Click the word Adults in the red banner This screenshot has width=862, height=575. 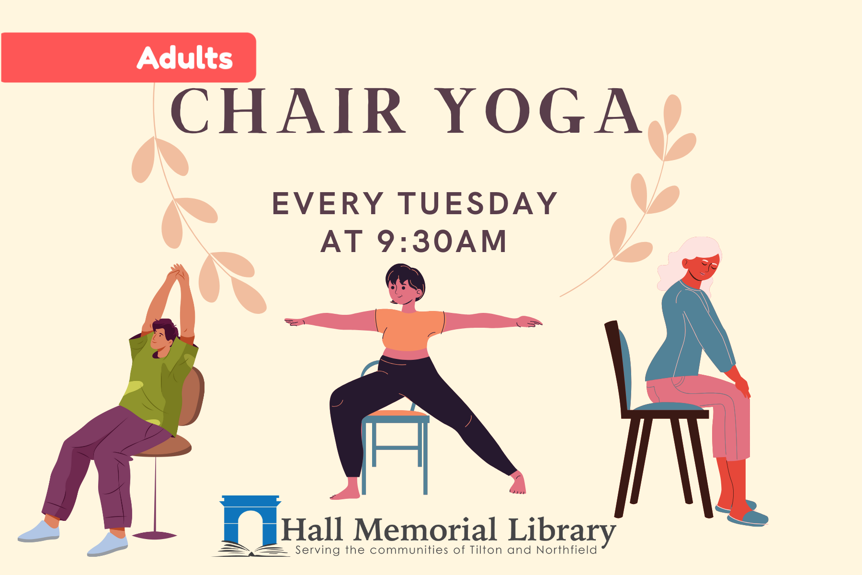point(185,58)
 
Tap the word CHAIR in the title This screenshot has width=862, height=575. point(288,111)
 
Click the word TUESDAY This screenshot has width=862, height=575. point(477,203)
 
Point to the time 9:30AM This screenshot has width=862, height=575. point(442,241)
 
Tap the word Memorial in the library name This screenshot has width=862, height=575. point(424,530)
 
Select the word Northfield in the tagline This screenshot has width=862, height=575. point(567,550)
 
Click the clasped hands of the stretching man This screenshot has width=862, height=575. point(177,274)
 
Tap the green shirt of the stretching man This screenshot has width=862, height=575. point(158,379)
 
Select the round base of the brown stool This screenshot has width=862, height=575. point(154,535)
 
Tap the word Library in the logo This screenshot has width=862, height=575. point(560,530)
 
